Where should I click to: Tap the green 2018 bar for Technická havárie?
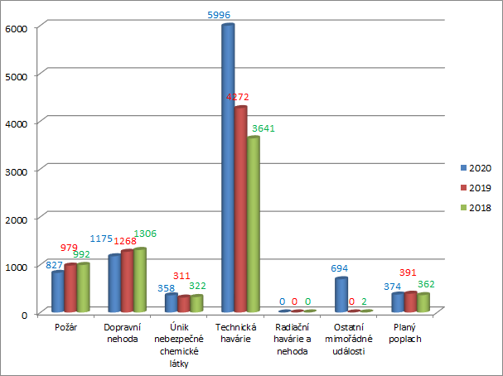(253, 224)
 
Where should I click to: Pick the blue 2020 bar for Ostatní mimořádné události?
(341, 295)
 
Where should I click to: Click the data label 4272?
(241, 97)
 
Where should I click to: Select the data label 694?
(339, 269)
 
